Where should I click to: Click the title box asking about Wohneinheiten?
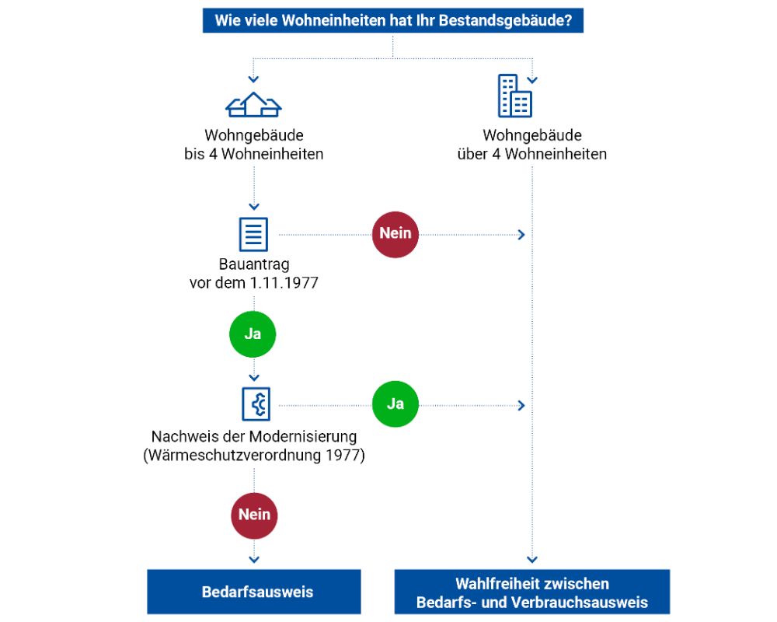click(393, 20)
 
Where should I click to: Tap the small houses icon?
click(254, 105)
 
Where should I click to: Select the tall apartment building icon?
click(515, 96)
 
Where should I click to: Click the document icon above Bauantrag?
click(254, 234)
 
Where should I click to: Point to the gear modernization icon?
click(256, 404)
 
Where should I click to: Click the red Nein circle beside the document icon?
click(395, 235)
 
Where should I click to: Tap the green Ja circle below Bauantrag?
click(253, 334)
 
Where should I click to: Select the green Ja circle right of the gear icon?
click(395, 404)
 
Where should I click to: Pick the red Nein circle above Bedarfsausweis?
click(254, 515)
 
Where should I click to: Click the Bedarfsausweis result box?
click(254, 592)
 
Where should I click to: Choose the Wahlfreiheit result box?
click(532, 592)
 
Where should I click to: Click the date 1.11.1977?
click(284, 283)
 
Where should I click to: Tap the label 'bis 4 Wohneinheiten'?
click(254, 154)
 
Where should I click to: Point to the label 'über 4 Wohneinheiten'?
click(532, 154)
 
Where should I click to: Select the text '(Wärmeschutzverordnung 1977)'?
click(254, 456)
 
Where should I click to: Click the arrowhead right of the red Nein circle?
click(521, 235)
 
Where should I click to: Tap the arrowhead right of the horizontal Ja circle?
click(521, 406)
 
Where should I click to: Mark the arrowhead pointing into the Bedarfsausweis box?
click(254, 560)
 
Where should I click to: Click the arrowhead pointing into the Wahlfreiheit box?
click(532, 560)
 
